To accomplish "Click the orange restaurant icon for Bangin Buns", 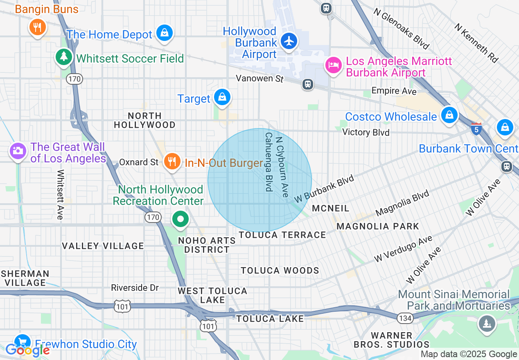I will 37,27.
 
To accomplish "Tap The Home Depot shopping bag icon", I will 165,33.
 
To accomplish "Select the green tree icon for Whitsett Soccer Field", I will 63,56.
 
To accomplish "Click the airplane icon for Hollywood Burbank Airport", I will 289,41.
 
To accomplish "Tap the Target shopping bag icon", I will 222,97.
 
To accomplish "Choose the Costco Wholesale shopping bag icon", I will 449,115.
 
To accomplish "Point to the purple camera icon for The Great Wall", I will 18,151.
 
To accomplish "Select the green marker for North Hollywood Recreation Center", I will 180,219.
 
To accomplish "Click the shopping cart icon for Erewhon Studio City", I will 22,342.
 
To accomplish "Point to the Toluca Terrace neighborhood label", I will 282,235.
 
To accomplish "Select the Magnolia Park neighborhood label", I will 378,226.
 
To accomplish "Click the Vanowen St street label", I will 259,78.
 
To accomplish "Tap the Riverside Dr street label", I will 135,288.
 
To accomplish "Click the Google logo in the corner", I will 27,350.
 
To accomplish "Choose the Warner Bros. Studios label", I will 391,340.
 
